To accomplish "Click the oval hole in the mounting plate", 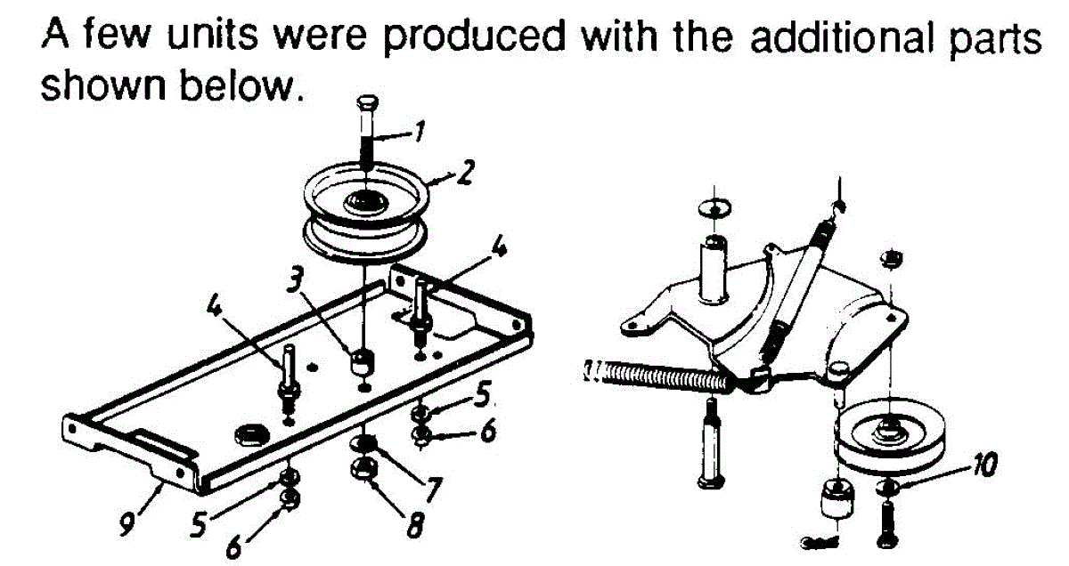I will (x=249, y=433).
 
